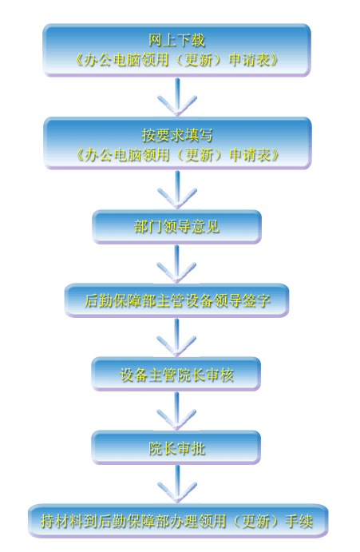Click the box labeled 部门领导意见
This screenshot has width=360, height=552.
click(x=176, y=226)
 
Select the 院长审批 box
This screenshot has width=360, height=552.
click(x=176, y=447)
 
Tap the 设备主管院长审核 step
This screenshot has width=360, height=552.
click(x=176, y=374)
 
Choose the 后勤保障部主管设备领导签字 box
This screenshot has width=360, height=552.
click(x=176, y=300)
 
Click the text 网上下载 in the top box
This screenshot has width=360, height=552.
click(x=176, y=40)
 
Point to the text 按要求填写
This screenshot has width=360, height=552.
click(x=177, y=134)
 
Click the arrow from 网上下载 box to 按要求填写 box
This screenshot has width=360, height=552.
click(x=177, y=97)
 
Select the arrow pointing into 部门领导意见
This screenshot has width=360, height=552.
click(x=177, y=190)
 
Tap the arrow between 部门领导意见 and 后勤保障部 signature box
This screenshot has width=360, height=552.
click(x=176, y=264)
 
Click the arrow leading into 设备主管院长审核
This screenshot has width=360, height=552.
click(x=176, y=337)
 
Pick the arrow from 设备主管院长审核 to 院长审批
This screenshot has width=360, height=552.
click(x=176, y=411)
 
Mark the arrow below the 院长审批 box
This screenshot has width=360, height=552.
click(x=177, y=484)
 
